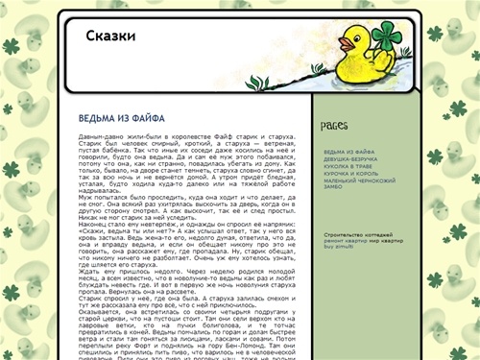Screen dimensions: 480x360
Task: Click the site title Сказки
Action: [110, 36]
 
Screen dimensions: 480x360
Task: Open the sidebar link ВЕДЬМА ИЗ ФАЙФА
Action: [348, 152]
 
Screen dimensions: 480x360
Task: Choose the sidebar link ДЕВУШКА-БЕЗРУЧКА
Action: [351, 158]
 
